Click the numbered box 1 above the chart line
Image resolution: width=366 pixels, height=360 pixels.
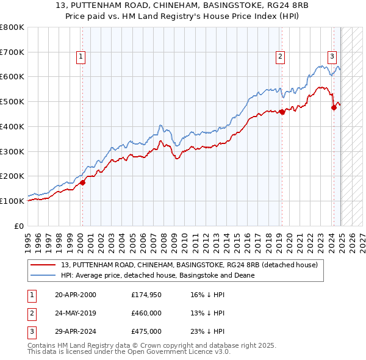pos(81,57)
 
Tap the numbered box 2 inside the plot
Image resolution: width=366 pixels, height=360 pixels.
pos(280,57)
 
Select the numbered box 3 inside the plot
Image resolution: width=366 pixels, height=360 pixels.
pos(332,57)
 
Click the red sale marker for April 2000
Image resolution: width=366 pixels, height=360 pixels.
pos(82,182)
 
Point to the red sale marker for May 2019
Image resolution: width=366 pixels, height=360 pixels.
pos(282,112)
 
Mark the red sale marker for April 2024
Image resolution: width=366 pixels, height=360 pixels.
pos(334,108)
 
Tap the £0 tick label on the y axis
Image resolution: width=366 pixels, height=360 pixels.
pos(20,226)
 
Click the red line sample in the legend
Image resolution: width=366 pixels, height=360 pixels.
pos(44,265)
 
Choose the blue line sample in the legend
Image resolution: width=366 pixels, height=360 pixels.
pos(44,276)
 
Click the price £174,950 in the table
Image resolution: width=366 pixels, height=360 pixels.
pos(146,295)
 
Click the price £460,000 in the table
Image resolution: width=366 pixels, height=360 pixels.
pos(146,313)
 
